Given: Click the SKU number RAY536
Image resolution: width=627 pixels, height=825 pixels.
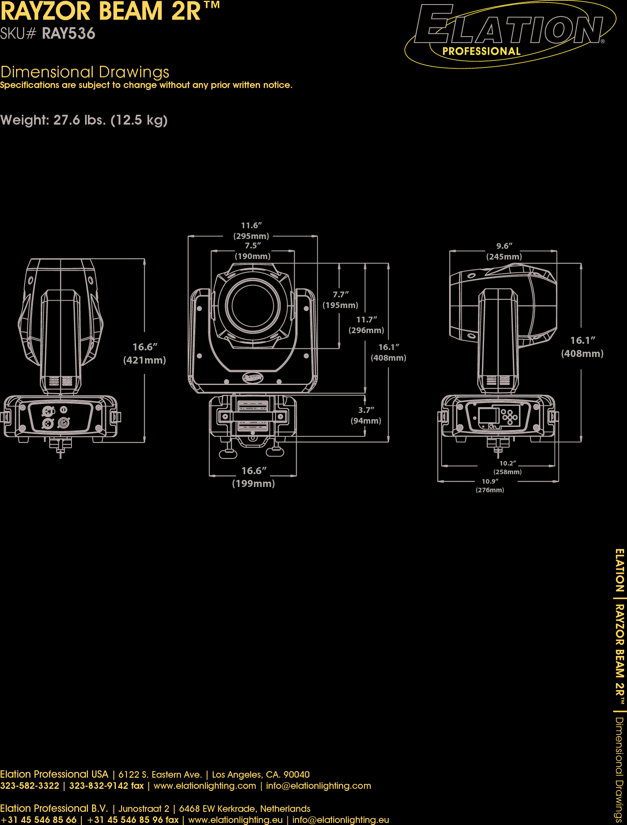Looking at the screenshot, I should [x=68, y=34].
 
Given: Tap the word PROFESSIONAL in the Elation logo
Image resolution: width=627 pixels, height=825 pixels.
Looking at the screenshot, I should [x=481, y=51].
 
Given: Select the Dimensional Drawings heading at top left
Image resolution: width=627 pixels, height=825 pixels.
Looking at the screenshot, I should [x=85, y=72].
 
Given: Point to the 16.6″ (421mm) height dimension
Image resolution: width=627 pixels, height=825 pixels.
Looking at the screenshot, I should [x=145, y=353].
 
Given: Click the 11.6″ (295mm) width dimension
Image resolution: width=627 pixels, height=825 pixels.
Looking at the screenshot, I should [x=251, y=231].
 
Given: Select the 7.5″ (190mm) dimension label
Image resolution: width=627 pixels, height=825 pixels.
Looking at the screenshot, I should [x=253, y=251].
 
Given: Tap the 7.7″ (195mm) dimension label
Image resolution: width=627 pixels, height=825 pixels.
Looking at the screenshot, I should [x=340, y=300].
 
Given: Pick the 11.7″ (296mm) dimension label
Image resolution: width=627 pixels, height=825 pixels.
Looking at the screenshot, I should [x=366, y=325].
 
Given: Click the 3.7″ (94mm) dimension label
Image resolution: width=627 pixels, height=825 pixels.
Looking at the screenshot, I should [x=366, y=415].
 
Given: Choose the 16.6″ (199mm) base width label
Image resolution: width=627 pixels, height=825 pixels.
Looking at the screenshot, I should [x=254, y=477].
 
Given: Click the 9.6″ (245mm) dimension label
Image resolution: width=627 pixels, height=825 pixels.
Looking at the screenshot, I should [x=504, y=251].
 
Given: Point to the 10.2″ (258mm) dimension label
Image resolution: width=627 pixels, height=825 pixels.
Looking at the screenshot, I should [x=507, y=468].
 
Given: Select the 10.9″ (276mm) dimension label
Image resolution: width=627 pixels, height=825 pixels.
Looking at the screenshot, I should [x=490, y=486].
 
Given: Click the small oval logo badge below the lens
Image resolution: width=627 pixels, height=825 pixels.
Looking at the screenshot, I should [x=253, y=377].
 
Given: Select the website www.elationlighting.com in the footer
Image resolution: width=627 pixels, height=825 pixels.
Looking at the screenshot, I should [x=205, y=786].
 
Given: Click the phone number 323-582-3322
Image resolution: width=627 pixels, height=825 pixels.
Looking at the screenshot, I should [x=30, y=786].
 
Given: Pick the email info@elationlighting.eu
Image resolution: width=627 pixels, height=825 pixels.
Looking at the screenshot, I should [x=341, y=820].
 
